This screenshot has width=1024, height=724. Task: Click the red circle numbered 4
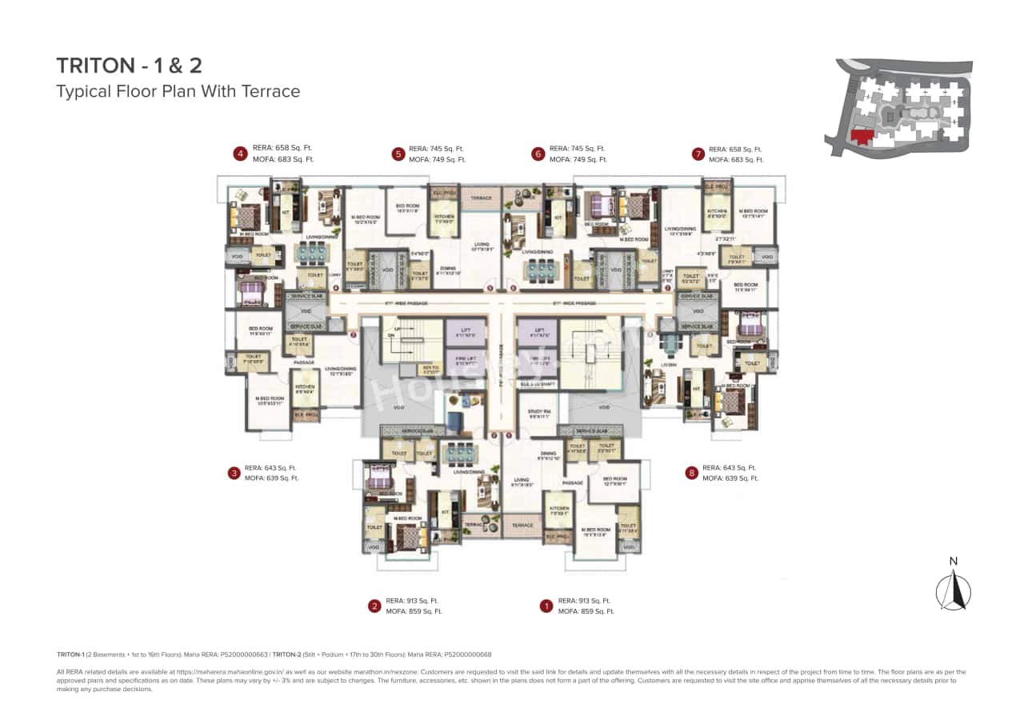(238, 154)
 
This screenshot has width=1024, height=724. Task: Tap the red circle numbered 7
(698, 154)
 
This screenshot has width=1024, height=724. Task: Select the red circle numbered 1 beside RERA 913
(546, 606)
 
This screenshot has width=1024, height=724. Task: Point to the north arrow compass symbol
(953, 589)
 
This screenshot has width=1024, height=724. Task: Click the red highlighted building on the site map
(862, 136)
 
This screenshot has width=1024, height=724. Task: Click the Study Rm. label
(539, 414)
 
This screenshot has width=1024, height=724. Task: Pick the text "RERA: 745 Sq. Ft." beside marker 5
(436, 149)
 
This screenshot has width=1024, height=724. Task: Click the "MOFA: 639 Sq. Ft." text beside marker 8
(730, 478)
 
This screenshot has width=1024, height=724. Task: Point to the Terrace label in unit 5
(480, 197)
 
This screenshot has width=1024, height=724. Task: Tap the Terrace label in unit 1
(522, 526)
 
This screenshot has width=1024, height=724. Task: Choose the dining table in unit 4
(310, 253)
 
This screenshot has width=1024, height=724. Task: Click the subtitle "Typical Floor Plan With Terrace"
(178, 91)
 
